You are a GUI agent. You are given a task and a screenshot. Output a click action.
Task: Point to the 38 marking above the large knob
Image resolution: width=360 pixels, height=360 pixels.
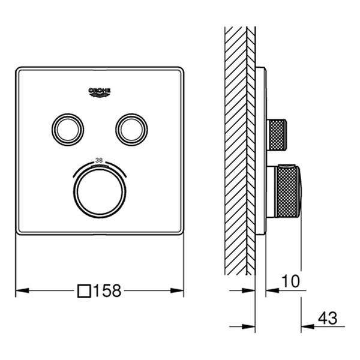(100, 160)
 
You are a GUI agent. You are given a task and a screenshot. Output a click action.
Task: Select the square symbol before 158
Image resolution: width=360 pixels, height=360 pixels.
(85, 291)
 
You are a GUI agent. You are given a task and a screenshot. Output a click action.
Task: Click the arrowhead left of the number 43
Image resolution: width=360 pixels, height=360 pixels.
(305, 327)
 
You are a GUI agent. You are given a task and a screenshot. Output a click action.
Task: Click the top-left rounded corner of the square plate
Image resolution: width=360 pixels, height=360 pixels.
(18, 70)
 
